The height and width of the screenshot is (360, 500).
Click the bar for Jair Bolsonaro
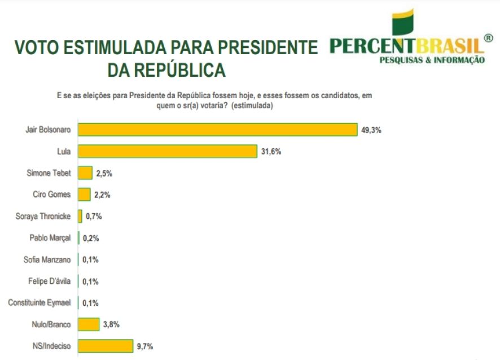point(217,129)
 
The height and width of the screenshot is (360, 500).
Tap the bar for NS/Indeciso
point(105,345)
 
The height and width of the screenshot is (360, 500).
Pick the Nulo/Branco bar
point(88,324)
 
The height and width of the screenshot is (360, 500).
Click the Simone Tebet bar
point(85,173)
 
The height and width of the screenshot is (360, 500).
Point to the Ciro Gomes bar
point(84,195)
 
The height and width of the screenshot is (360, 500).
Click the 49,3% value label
point(371,130)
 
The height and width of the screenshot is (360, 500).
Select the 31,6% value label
point(270,151)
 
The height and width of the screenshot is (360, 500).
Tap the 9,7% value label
point(143,345)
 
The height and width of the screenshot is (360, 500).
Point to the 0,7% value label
point(93,216)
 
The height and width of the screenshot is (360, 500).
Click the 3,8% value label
point(110,324)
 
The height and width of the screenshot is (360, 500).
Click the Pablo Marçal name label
point(50,238)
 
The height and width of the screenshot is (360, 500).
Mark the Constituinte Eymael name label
point(40,302)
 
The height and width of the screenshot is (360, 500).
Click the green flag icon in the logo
point(403,23)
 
